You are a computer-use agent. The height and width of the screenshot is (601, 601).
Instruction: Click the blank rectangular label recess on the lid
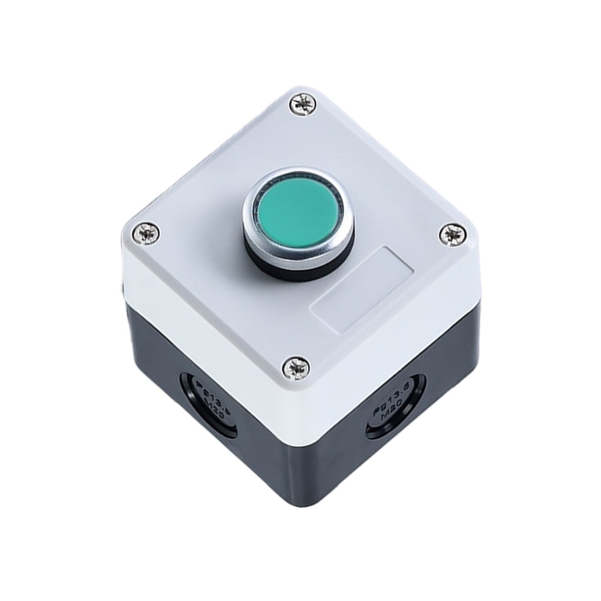coord(362,289)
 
